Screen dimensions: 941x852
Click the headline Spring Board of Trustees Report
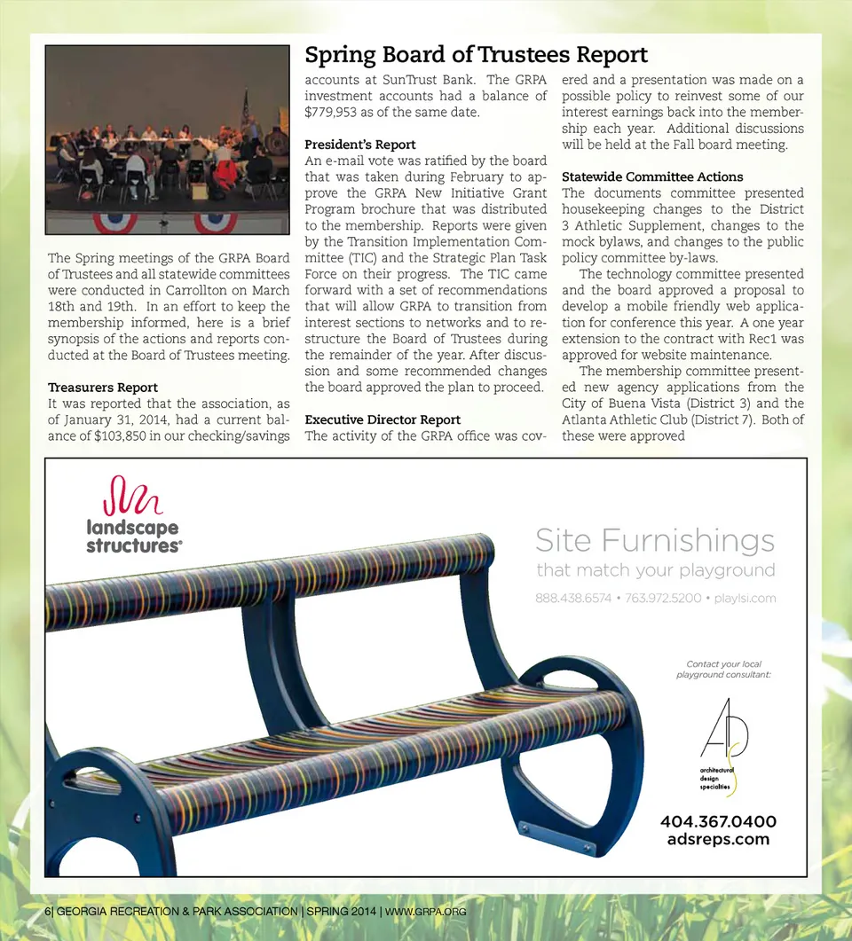476,55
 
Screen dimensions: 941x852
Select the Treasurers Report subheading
102,388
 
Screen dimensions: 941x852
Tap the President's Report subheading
360,145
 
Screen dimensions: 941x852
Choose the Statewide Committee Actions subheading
652,176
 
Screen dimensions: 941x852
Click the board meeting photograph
168,139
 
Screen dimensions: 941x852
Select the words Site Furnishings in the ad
655,539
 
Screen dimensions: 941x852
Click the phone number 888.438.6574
573,598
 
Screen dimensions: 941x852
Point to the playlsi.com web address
745,598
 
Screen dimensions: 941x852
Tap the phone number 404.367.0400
718,821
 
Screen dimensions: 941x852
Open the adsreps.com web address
718,839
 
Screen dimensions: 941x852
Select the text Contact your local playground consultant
723,670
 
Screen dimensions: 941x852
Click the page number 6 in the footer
47,911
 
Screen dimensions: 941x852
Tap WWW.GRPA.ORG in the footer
425,911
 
